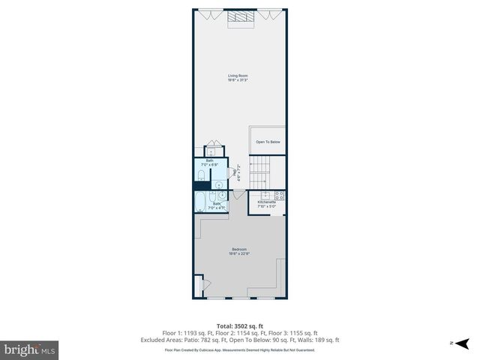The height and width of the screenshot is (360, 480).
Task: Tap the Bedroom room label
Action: coord(238,250)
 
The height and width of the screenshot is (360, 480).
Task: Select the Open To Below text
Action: coord(268,142)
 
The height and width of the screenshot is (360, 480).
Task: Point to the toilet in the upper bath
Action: coord(201,176)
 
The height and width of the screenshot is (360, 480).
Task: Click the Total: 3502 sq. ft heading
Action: coord(239,326)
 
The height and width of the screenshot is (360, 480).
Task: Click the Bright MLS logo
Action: coord(29,349)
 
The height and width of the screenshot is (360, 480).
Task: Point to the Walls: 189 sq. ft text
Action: coord(322,339)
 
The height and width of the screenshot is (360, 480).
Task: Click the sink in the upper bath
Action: coord(219,184)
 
